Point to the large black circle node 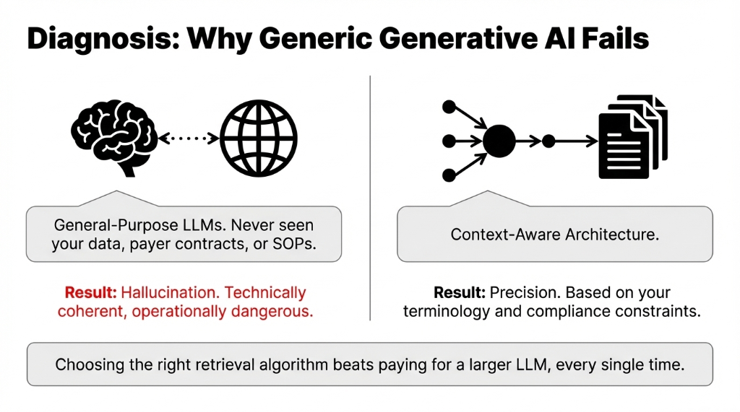(x=499, y=141)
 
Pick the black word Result (x=460, y=293)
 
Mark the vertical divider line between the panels (x=370, y=195)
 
